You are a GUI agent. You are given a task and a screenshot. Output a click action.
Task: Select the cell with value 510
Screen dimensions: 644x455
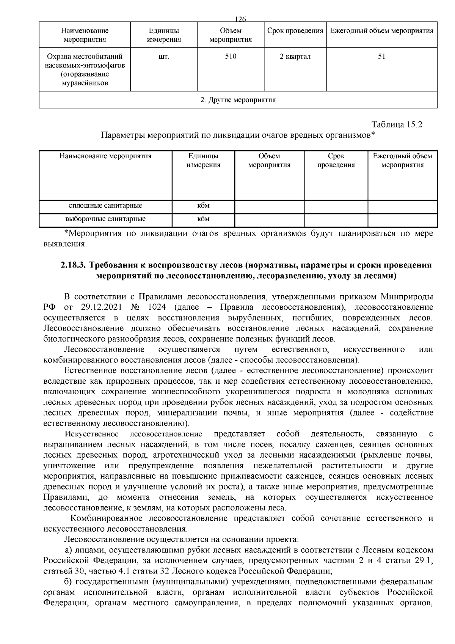tap(231, 57)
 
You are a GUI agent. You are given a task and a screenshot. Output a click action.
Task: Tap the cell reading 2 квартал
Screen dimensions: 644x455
tap(295, 57)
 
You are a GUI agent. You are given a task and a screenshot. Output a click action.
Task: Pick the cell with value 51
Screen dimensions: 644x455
tap(381, 57)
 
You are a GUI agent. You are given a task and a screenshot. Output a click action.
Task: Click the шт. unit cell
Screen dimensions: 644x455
tap(164, 57)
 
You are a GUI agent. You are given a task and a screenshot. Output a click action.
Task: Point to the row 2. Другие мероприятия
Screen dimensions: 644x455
tap(238, 100)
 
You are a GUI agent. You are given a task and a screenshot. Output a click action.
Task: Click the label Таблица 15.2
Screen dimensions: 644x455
tap(397, 124)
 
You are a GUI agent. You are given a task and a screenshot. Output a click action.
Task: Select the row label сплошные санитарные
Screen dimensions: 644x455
tap(105, 206)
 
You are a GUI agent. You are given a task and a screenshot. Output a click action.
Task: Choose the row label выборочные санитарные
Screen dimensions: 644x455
tap(105, 219)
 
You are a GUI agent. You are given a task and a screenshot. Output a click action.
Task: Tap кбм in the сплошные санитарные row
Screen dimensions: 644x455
tap(203, 206)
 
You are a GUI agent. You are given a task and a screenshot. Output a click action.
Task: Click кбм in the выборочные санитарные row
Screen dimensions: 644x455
tap(203, 219)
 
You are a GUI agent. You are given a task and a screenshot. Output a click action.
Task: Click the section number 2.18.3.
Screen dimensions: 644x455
tap(73, 265)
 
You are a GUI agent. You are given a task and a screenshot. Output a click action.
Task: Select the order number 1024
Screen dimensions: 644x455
tap(162, 307)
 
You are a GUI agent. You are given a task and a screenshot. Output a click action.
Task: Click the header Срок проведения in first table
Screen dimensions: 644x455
tap(295, 31)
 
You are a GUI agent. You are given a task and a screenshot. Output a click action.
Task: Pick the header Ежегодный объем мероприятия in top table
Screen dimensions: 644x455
tap(381, 31)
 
